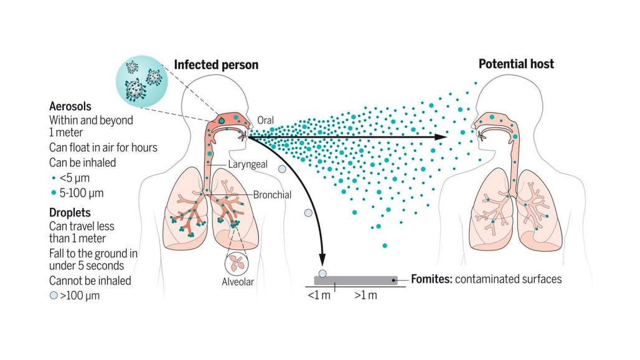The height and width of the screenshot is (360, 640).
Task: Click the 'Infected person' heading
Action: click(215, 65)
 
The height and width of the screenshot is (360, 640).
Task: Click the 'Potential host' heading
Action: click(516, 64)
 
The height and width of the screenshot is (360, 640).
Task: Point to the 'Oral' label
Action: click(265, 120)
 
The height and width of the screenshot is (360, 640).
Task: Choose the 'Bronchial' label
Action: click(272, 195)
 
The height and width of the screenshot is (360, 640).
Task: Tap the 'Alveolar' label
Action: click(239, 281)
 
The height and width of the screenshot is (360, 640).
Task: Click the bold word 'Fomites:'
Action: click(431, 279)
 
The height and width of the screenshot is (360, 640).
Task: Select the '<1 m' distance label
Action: click(319, 295)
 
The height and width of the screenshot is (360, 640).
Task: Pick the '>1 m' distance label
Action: click(365, 295)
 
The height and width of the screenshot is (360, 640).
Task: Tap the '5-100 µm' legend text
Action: click(81, 193)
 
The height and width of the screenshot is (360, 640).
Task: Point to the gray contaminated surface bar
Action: click(355, 280)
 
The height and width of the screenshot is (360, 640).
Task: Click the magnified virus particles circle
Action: click(140, 79)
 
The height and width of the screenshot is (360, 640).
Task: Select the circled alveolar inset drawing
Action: click(238, 262)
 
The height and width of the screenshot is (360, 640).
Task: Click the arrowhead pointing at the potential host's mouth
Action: click(441, 136)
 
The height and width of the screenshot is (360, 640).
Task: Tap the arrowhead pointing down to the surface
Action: click(323, 260)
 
